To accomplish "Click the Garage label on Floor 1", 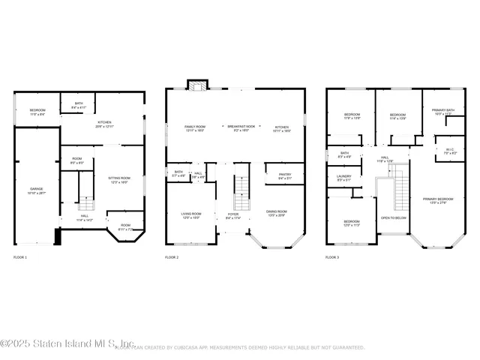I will (x=36, y=190).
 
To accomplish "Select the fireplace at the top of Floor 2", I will (x=197, y=86).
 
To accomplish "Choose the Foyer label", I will (x=233, y=215).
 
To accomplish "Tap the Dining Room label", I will (x=277, y=213).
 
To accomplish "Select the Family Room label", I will (x=195, y=128).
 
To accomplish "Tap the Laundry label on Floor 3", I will (x=343, y=178).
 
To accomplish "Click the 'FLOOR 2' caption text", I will (x=172, y=257).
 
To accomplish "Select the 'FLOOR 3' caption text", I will (x=331, y=257).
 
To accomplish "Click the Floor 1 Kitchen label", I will (x=104, y=124).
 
